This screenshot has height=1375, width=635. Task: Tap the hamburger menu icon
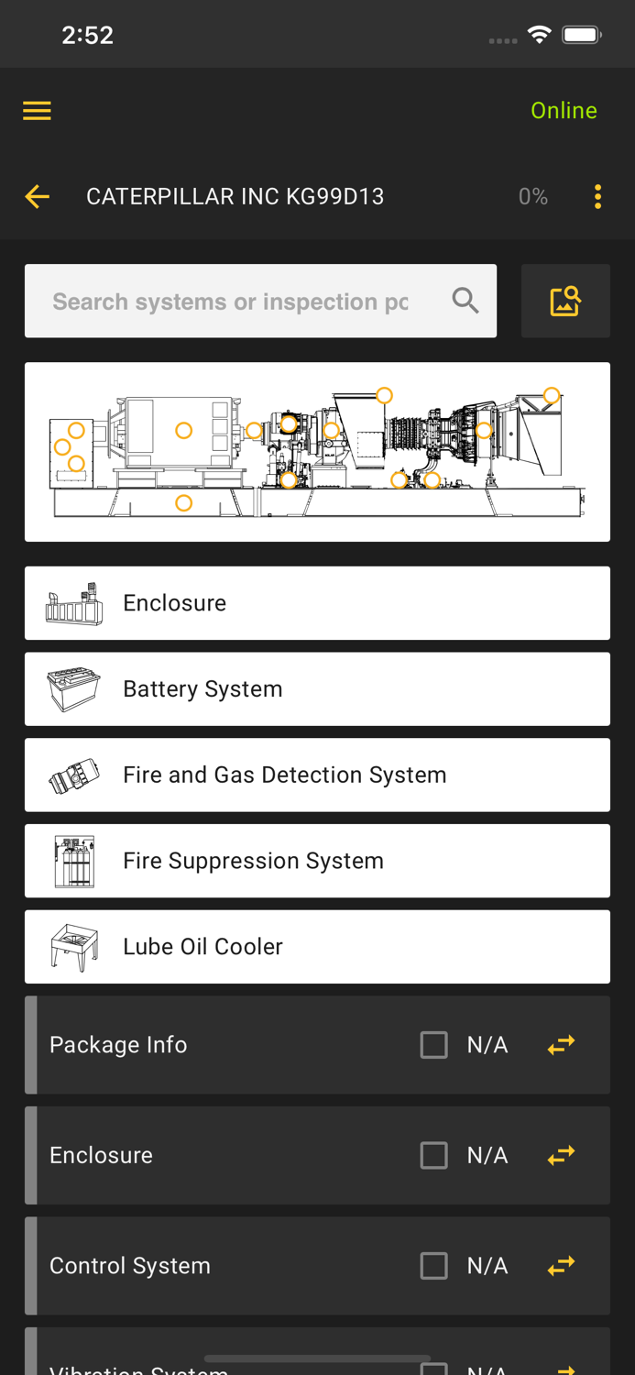[37, 111]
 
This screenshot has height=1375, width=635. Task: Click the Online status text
[564, 111]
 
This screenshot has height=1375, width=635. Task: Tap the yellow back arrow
[38, 196]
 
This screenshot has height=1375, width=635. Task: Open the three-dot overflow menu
[597, 196]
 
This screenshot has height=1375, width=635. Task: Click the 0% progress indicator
[532, 196]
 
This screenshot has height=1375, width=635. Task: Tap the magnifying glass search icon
[465, 301]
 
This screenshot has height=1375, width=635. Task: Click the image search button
[565, 301]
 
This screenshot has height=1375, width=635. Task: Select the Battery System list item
[317, 689]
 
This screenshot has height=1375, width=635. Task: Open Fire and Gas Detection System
[317, 775]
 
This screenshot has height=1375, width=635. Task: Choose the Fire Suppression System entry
[317, 861]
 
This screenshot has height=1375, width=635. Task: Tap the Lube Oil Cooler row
[317, 947]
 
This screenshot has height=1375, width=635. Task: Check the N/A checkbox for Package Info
[434, 1045]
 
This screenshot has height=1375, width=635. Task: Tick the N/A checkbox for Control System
[434, 1266]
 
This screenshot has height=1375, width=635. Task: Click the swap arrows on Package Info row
[561, 1045]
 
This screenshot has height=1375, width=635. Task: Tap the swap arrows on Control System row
[561, 1266]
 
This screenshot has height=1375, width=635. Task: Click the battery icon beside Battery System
[74, 689]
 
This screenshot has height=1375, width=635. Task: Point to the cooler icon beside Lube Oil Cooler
[74, 947]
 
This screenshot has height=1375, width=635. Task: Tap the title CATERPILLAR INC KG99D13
[235, 196]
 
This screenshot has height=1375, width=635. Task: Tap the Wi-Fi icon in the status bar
[540, 35]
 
